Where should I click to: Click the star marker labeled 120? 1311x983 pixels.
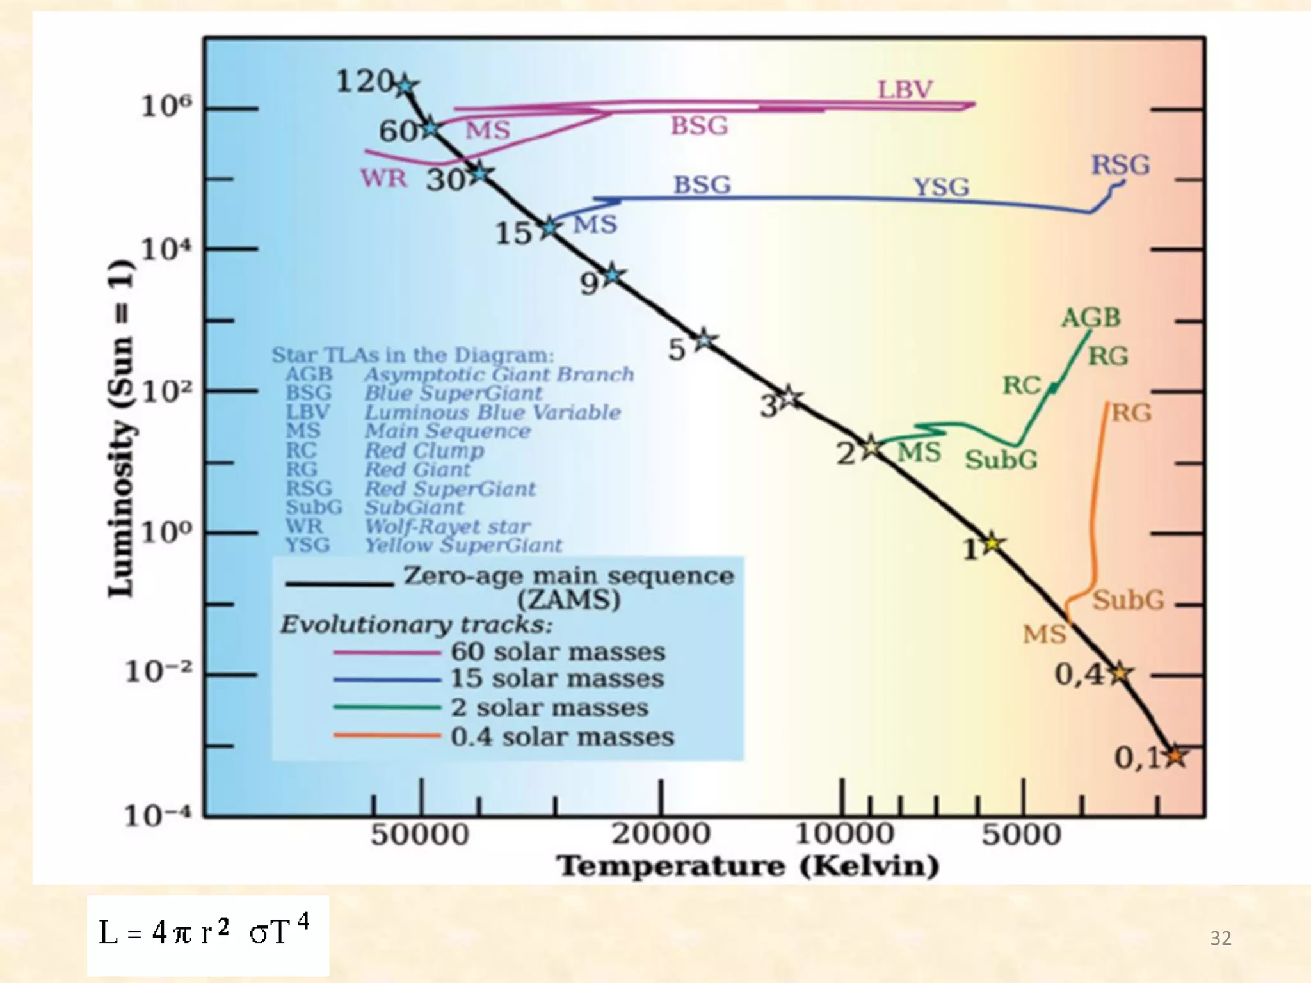coord(405,85)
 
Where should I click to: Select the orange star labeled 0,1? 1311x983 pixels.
coord(1175,756)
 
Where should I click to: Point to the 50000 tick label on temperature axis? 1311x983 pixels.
coord(420,835)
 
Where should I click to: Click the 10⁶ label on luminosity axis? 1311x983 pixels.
coord(166,106)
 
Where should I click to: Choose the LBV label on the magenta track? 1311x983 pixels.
coord(905,90)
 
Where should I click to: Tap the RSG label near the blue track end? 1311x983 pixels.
coord(1120,165)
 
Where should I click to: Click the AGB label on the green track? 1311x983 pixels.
coord(1091,317)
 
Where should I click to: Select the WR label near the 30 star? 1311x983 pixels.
coord(383,178)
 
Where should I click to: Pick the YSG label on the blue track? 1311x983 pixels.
coord(941,187)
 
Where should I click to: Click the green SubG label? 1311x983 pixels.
coord(1001,460)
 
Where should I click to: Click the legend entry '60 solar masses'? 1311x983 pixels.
coord(558,651)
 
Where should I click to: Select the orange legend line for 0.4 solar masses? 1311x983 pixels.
coord(387,736)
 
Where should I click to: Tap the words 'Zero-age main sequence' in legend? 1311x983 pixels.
coord(568,575)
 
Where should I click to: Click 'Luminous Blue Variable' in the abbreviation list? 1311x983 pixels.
coord(492,412)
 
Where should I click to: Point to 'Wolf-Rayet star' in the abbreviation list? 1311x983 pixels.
coord(447,527)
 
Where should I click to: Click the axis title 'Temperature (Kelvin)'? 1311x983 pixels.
coord(748,866)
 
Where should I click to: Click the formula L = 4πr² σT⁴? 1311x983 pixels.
coord(205,932)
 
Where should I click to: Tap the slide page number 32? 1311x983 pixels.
coord(1220,938)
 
